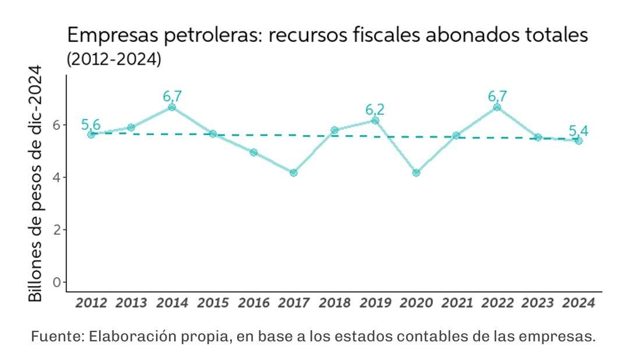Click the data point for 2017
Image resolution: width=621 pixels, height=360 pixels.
[x=294, y=172]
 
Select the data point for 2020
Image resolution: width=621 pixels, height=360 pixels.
[x=416, y=172]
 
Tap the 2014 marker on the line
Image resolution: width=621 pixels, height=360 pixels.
[x=172, y=107]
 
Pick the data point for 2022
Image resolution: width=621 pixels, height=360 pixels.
[x=497, y=107]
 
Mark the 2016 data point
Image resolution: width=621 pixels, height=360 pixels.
[x=253, y=152]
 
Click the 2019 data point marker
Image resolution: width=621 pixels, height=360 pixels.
[x=375, y=121]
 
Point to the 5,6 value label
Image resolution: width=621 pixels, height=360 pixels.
[x=91, y=125]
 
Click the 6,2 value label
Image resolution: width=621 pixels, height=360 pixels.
[x=375, y=110]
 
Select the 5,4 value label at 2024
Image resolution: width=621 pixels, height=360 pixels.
[x=578, y=131]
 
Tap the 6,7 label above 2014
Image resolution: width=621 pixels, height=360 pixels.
[x=172, y=96]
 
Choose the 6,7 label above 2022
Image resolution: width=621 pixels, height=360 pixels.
[x=497, y=96]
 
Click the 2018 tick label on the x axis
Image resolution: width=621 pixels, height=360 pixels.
[x=334, y=303]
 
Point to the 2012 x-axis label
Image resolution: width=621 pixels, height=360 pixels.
[x=91, y=303]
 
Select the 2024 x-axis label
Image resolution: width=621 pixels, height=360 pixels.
[x=578, y=303]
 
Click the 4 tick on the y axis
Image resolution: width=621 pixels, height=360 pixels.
[x=57, y=177]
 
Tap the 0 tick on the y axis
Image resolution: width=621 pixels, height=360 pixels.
[x=57, y=282]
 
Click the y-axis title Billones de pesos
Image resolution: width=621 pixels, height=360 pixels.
[x=36, y=183]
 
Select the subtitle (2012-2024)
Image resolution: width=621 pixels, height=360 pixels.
[x=114, y=59]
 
